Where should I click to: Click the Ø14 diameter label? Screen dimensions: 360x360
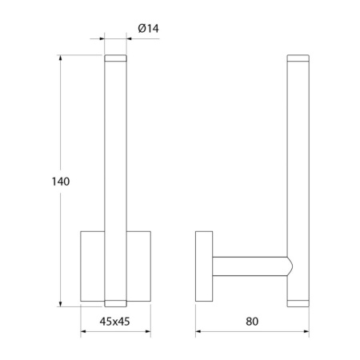pos(148,28)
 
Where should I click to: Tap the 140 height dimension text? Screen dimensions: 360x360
pos(61,182)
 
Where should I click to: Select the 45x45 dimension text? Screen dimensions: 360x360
pos(114,322)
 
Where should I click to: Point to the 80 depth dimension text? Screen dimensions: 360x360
pos(252,322)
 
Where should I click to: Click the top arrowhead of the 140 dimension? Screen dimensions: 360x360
pos(61,58)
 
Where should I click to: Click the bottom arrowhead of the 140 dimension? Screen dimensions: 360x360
pos(61,303)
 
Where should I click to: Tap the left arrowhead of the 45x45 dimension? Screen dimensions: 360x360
pos(84,331)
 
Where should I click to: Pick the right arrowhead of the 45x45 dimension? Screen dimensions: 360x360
pos(147,331)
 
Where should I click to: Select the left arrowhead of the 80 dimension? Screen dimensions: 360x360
pos(198,331)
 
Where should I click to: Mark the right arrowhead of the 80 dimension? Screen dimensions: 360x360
pos(306,331)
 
